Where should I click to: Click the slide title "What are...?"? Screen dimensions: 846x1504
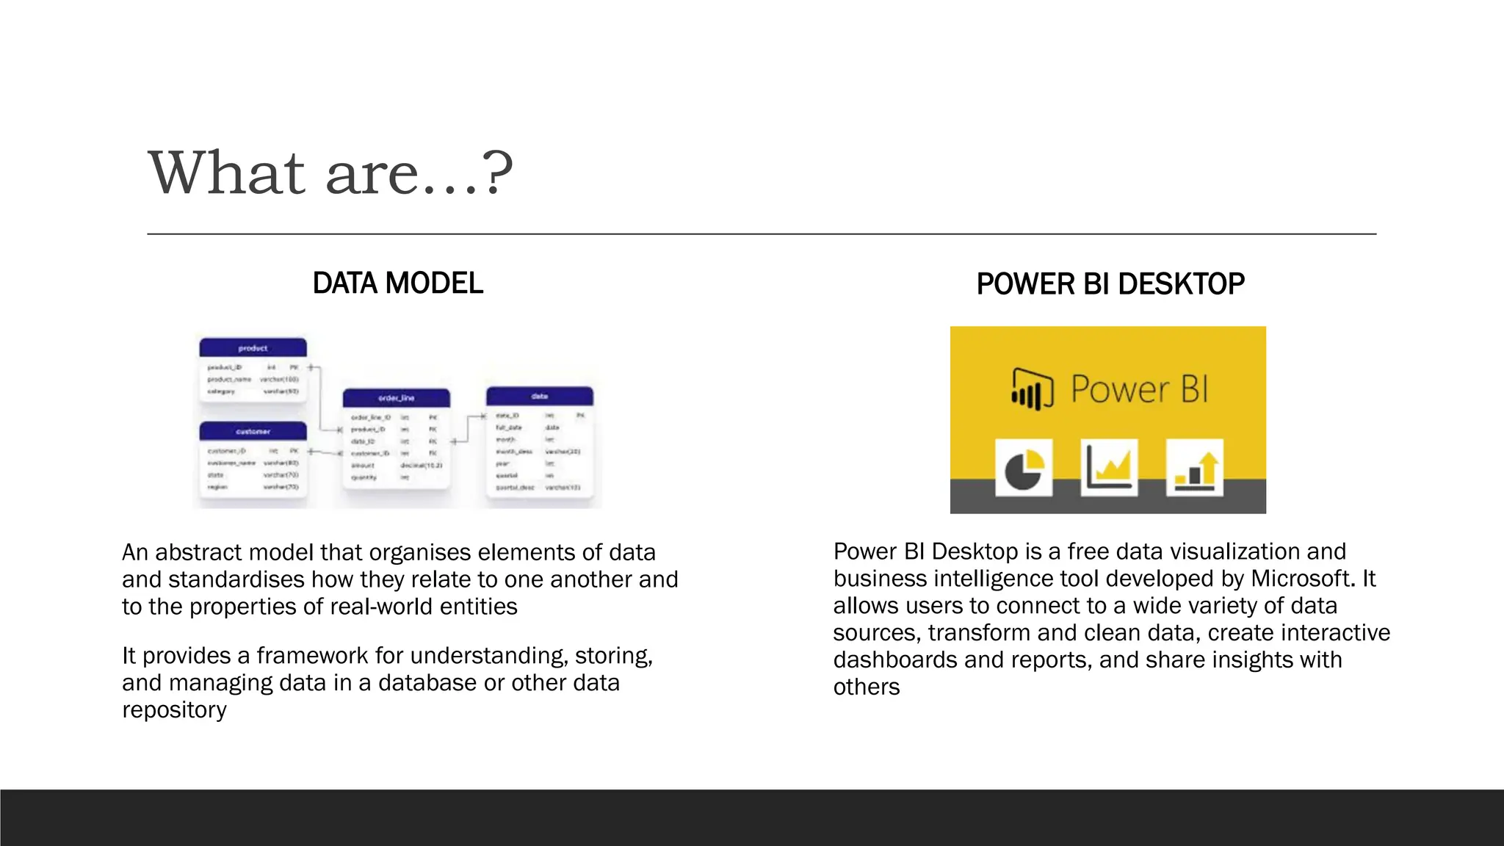[x=330, y=173]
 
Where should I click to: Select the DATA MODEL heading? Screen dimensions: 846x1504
[x=397, y=283]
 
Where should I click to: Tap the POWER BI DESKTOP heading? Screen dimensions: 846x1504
[x=1110, y=284]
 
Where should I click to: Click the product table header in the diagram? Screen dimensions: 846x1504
[x=253, y=348]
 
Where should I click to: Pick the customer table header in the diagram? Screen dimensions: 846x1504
[x=253, y=431]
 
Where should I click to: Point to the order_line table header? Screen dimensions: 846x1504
[x=396, y=398]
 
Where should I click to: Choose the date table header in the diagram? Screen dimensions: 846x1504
[x=539, y=397]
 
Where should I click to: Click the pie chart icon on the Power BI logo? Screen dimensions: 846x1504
[x=1024, y=469]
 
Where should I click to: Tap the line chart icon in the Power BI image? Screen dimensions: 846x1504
[x=1109, y=468]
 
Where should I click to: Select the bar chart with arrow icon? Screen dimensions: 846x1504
[x=1194, y=468]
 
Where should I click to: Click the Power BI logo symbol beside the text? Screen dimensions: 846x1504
[x=1032, y=388]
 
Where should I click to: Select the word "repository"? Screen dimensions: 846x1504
[x=174, y=710]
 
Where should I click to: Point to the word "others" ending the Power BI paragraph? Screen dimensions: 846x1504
[x=867, y=687]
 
